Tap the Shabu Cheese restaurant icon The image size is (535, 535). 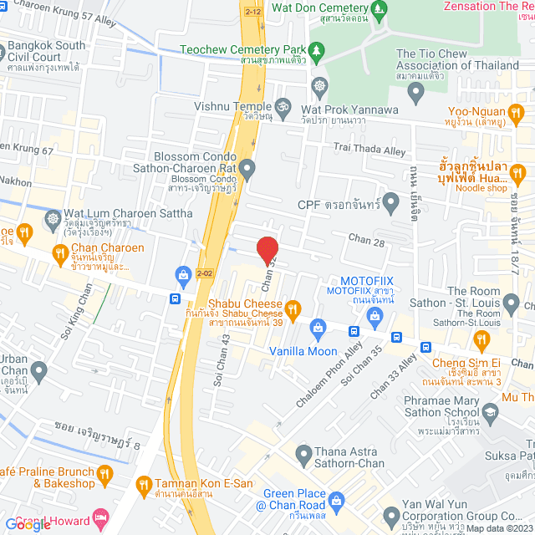pos(293,308)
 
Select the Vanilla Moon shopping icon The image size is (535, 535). pos(317,327)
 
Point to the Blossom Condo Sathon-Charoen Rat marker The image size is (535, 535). pos(247,171)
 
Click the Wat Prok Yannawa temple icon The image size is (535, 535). pos(318,87)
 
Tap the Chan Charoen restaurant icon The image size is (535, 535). pos(59,253)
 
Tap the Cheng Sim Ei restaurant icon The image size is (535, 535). pos(480,339)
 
